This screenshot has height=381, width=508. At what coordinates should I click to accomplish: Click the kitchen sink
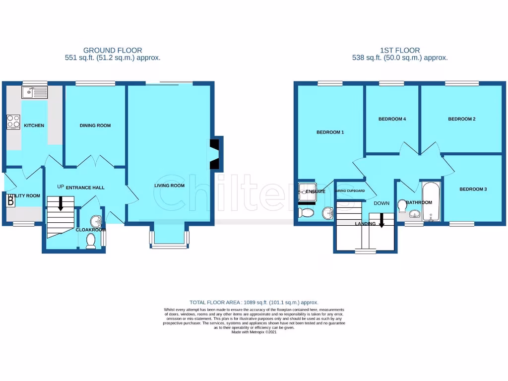34,92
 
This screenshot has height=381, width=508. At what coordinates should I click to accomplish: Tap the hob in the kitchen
13,122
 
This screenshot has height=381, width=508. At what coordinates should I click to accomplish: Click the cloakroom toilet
91,241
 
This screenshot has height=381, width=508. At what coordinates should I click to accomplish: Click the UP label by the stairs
61,187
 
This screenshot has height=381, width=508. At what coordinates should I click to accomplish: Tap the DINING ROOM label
95,126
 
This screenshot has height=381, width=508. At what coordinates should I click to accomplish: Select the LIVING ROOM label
169,186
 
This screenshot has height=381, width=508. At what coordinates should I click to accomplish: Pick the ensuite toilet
306,213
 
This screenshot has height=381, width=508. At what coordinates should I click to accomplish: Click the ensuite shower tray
304,191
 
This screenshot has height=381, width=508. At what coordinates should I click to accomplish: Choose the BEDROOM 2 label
462,119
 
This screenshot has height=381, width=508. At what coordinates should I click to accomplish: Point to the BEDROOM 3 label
473,189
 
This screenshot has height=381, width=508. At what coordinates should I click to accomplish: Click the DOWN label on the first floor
381,203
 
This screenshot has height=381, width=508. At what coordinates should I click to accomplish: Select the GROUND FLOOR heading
113,50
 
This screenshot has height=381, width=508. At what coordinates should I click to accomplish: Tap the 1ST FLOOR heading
400,50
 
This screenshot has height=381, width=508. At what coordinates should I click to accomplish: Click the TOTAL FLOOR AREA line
254,302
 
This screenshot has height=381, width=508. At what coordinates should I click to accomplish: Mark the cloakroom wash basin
95,222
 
